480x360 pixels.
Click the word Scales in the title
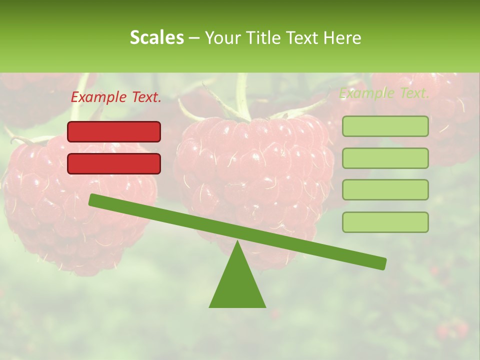click(x=156, y=38)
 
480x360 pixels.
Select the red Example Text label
click(x=116, y=97)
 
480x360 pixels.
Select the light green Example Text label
click(x=384, y=93)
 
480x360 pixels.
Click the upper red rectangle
click(x=114, y=131)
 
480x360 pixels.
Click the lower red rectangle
click(x=114, y=163)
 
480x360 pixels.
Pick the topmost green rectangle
click(x=385, y=126)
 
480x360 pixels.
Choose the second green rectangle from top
click(x=385, y=158)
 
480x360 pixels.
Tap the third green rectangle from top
click(x=385, y=190)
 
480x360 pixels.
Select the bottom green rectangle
click(x=385, y=222)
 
